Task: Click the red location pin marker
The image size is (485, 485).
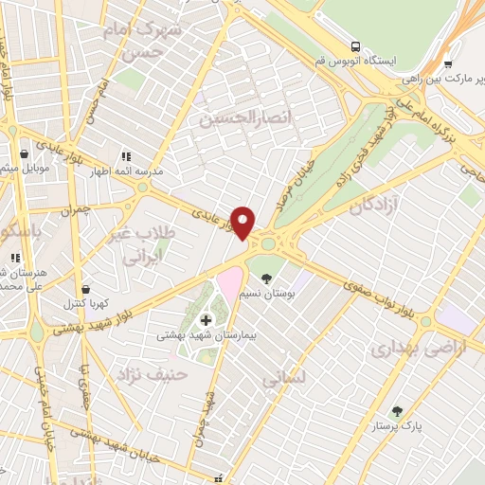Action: point(243,222)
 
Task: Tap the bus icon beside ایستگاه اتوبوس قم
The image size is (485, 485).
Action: point(355,45)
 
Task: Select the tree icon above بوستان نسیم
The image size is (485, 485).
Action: point(267,278)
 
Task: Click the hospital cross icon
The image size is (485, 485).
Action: point(206,320)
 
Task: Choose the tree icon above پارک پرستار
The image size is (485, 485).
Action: point(397,411)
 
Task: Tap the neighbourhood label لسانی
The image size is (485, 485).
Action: point(285,377)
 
